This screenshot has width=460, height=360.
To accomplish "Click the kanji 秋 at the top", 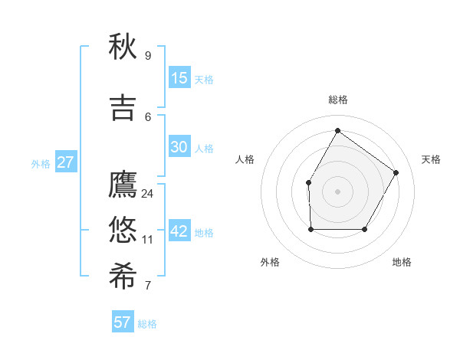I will (123, 47).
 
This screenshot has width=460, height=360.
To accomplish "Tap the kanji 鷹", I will (123, 185).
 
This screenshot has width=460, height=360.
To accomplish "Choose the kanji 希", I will (123, 277).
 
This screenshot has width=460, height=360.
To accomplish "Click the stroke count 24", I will (147, 194).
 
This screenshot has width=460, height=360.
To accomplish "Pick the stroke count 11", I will (147, 240).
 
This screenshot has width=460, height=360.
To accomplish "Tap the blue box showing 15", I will (179, 78).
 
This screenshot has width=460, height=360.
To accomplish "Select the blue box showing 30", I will (179, 147).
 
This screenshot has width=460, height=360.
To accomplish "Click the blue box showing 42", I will (179, 231).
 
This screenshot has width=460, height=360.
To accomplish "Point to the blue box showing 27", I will (66, 162).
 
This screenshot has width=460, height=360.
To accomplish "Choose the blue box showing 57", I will (123, 322).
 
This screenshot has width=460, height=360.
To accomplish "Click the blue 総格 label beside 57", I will (147, 324).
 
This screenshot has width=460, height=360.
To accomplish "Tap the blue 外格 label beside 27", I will (41, 164).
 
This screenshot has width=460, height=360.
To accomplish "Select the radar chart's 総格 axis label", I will (337, 100).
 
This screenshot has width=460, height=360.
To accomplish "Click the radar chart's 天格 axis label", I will (431, 159).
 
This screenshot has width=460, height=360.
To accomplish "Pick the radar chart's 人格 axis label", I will (245, 159).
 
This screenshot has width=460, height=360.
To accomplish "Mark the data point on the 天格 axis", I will (396, 172).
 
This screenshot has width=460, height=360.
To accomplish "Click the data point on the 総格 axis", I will (337, 130).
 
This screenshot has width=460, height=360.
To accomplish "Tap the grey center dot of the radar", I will (337, 191).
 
